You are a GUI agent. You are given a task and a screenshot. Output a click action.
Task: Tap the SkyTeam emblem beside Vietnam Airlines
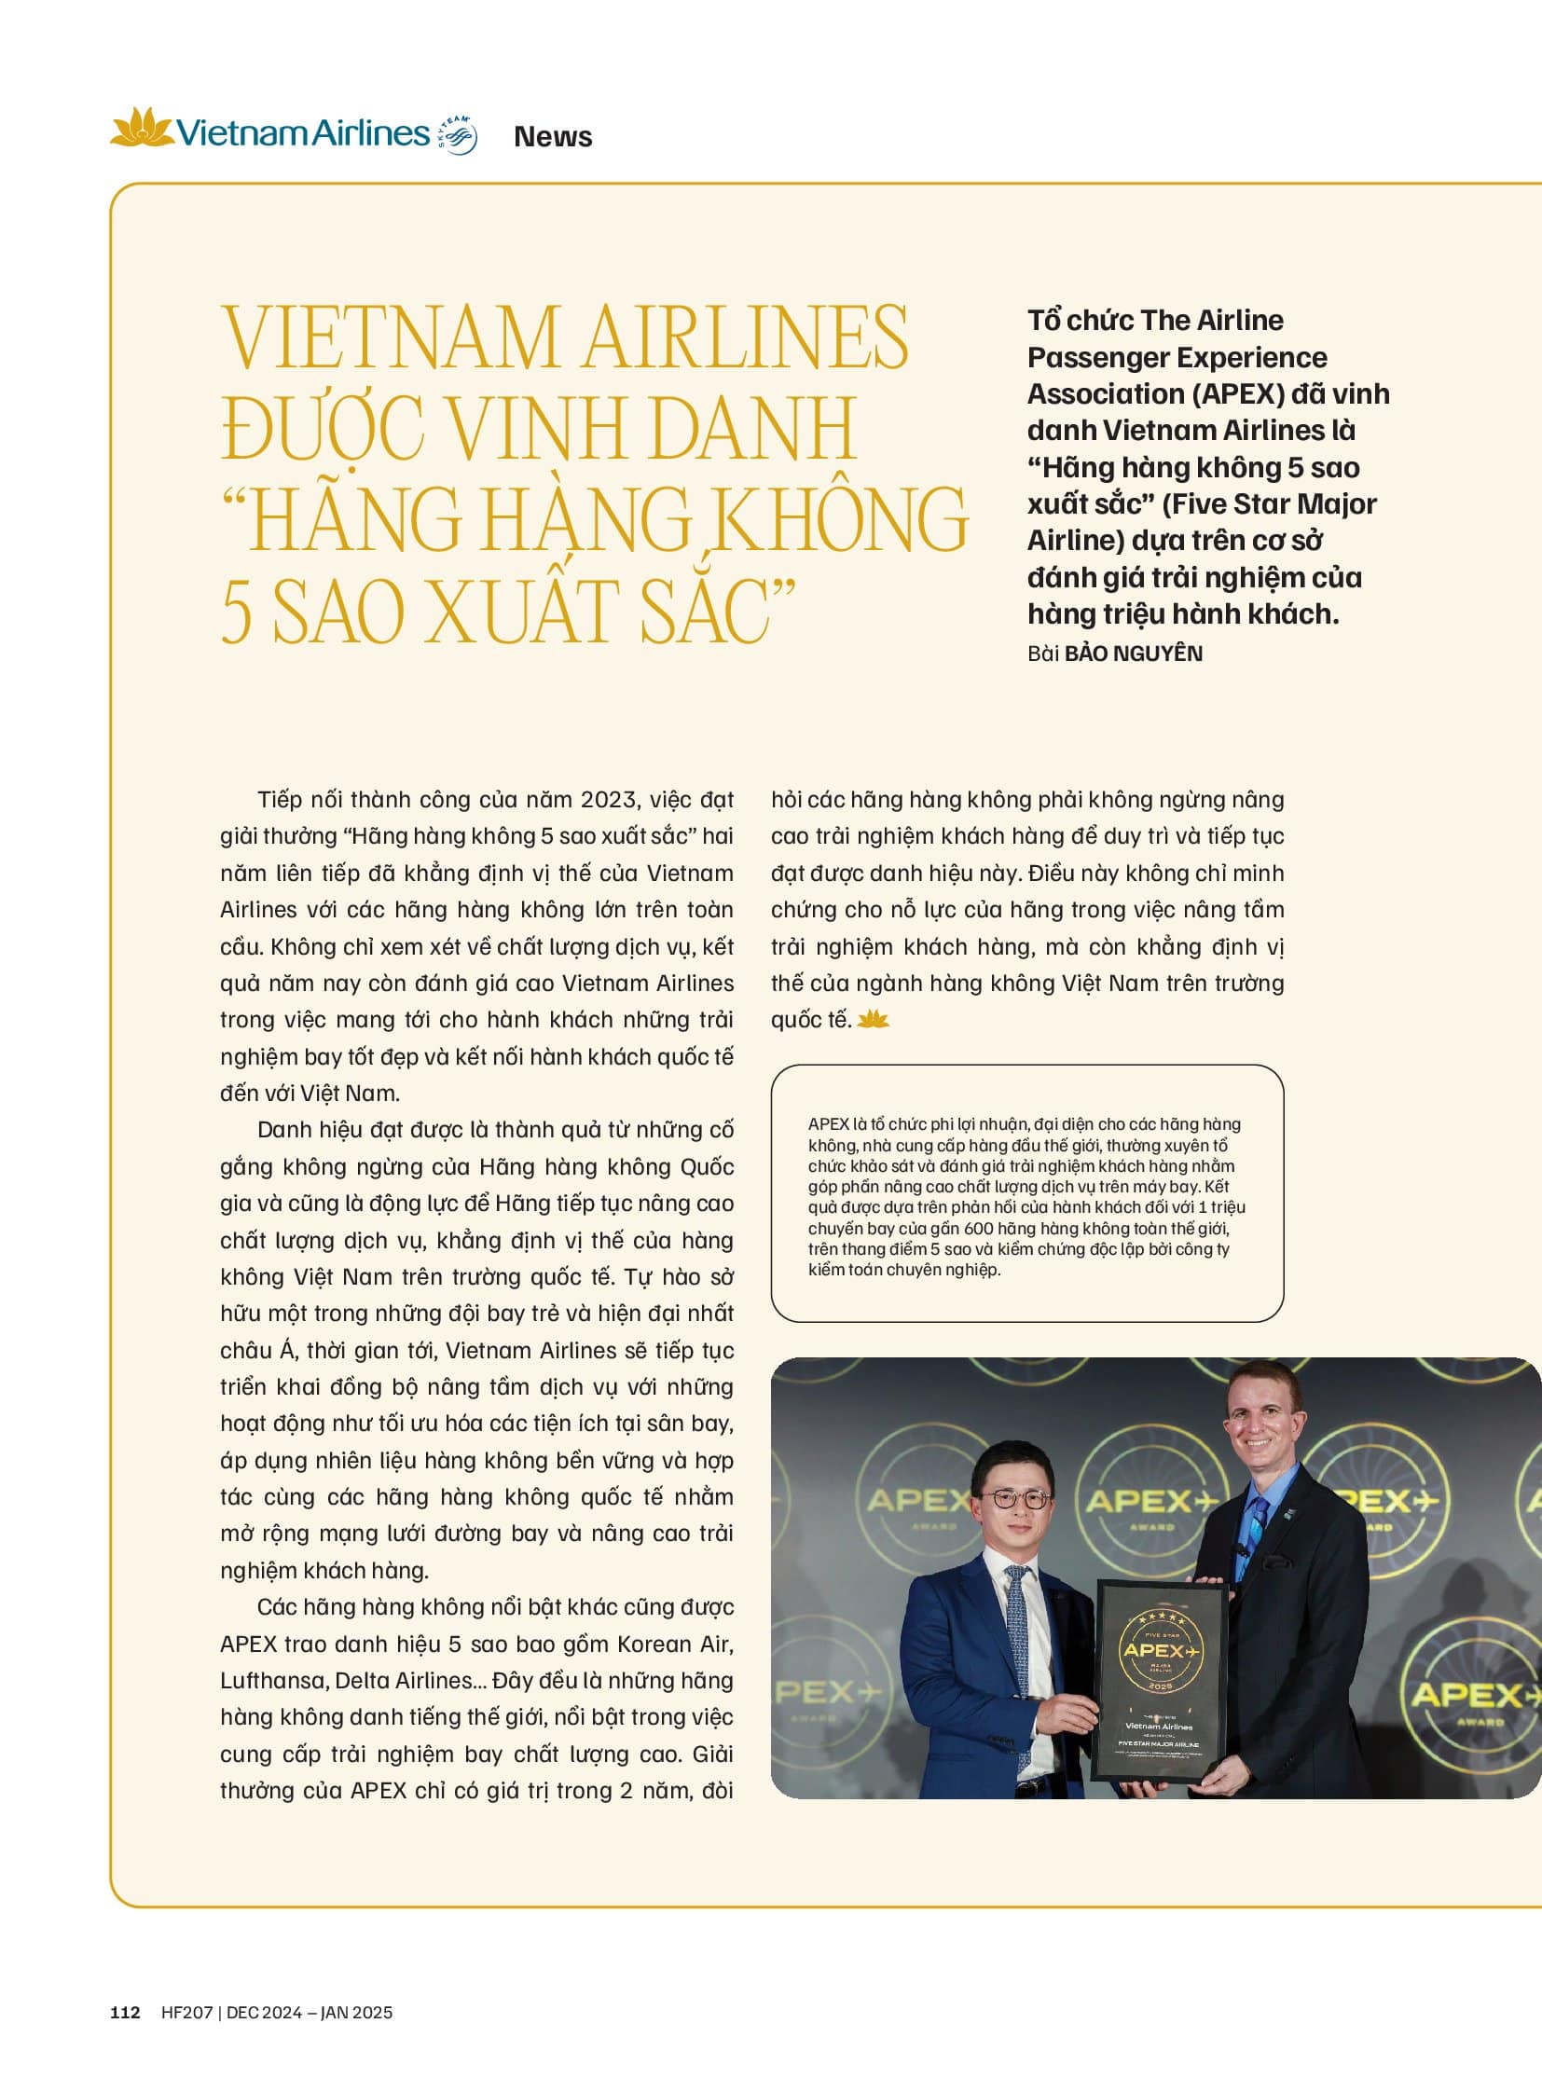pos(459,135)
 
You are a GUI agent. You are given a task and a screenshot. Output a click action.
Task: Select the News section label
pos(553,137)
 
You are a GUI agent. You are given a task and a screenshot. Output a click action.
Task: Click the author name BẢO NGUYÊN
pos(1133,654)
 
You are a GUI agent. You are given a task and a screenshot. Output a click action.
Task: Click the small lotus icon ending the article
pos(873,1019)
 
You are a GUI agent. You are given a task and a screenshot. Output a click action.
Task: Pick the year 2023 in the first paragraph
pos(610,800)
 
